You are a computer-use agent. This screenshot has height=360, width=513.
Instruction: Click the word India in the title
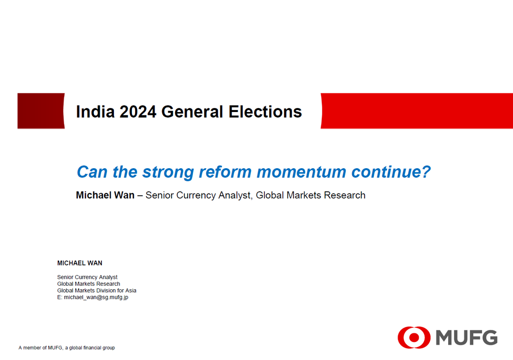point(95,111)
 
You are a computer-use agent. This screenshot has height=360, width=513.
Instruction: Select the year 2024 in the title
point(138,111)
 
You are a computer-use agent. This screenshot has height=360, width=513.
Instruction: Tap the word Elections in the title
point(265,111)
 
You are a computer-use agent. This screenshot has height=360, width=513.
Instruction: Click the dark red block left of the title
point(41,110)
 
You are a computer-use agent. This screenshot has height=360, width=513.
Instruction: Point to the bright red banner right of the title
point(417,110)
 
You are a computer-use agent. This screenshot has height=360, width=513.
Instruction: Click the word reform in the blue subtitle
point(225,172)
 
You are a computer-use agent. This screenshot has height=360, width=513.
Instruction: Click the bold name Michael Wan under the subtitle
point(105,195)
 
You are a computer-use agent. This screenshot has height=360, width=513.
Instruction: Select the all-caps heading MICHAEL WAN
point(79,263)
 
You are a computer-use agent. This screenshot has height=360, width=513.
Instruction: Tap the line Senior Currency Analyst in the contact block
point(87,277)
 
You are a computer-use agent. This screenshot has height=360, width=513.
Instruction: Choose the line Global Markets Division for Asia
point(97,290)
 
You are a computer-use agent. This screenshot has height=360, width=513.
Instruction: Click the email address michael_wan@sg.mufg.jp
point(96,297)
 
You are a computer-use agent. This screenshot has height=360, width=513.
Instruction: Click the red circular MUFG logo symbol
point(414,337)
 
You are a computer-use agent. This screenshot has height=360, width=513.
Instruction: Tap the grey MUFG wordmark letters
point(466,337)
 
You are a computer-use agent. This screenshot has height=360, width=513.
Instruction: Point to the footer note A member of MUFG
point(67,347)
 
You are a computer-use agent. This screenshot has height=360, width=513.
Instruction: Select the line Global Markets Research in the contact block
point(89,284)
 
